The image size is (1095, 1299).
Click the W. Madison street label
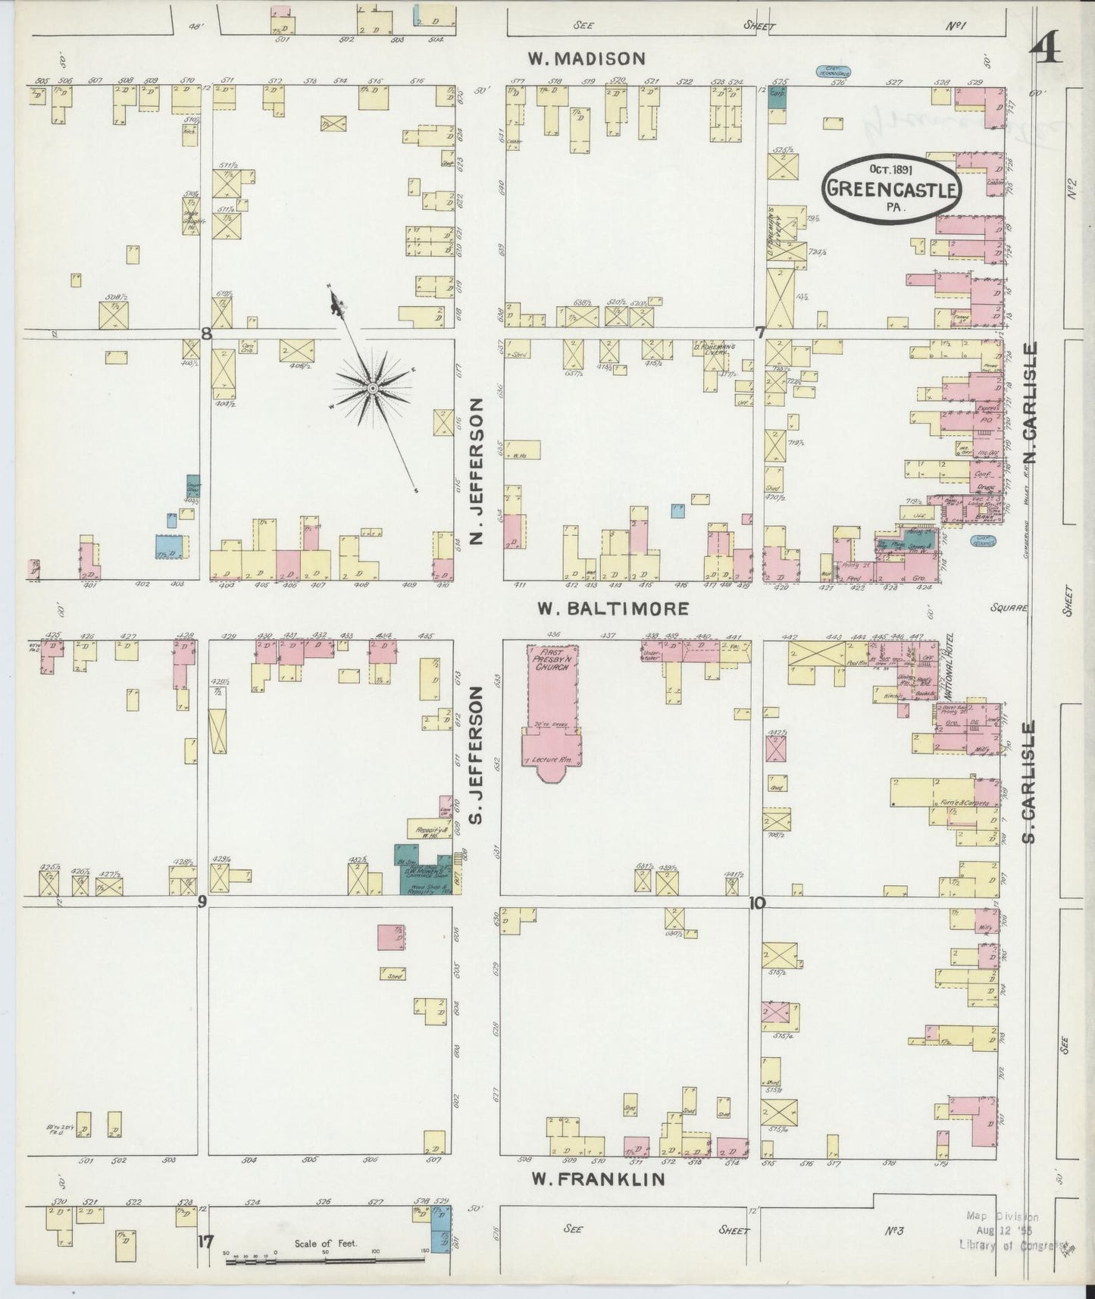[587, 58]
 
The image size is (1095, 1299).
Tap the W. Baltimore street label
[612, 608]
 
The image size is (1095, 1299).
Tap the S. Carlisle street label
[1029, 782]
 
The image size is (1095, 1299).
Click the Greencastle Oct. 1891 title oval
[891, 189]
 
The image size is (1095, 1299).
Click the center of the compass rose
[372, 389]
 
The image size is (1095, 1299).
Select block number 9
[202, 901]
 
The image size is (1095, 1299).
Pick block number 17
[203, 1241]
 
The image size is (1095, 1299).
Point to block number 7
[759, 331]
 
